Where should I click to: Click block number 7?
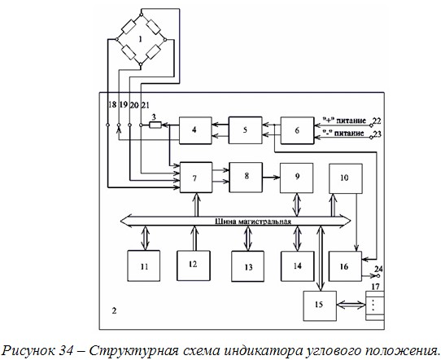196,178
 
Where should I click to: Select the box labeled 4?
195,130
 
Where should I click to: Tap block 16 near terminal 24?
345,266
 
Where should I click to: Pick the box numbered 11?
144,266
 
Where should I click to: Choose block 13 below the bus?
248,266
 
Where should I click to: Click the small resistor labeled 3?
155,125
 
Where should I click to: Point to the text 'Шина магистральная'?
253,222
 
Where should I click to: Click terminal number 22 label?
377,121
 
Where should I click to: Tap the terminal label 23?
378,134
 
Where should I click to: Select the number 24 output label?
378,269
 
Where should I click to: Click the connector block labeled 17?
374,305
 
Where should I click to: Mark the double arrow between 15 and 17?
351,305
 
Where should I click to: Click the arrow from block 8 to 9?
271,178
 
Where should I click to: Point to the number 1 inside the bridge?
140,39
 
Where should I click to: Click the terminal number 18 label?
112,105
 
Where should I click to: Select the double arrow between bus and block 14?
297,239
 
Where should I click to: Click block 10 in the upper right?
346,178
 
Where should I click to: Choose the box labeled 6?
297,130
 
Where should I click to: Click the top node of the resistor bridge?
142,14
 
